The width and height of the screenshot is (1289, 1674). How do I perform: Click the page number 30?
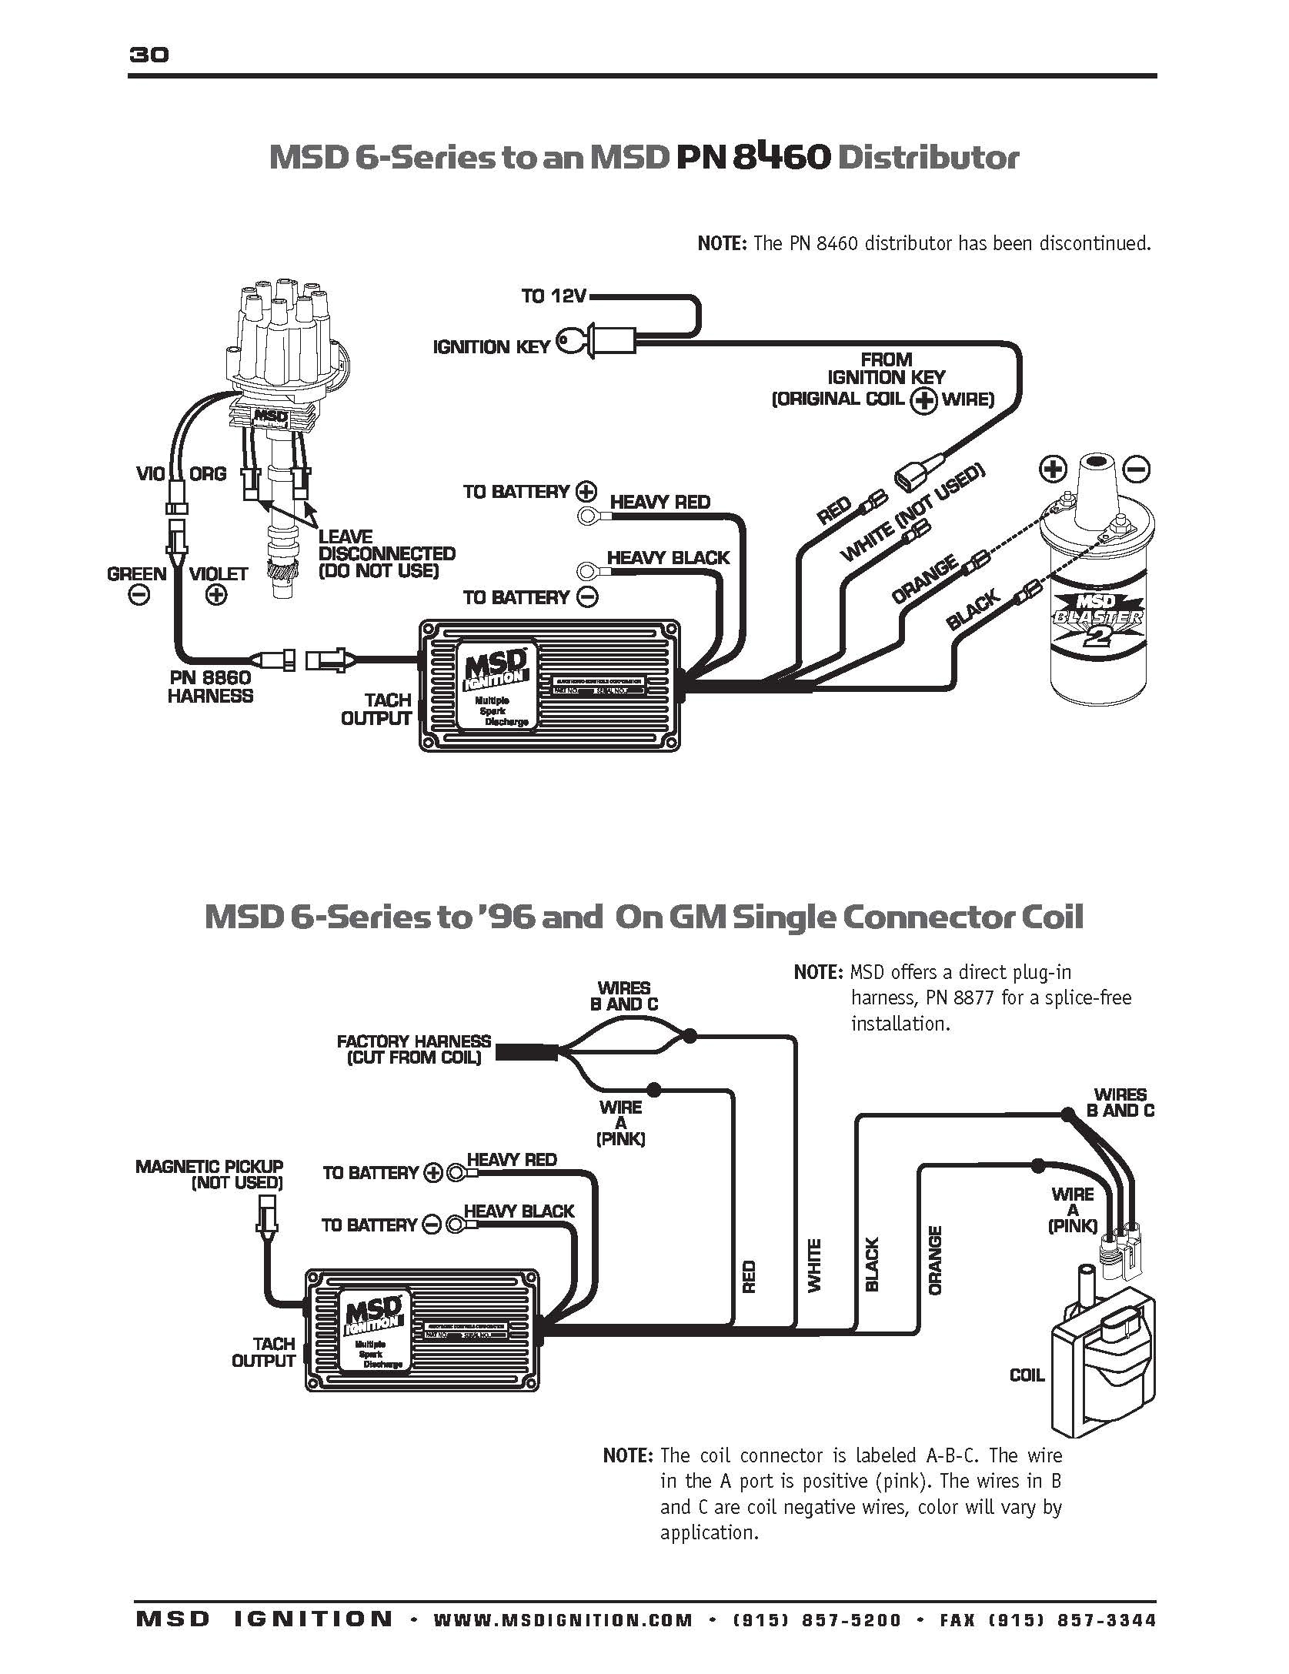[149, 55]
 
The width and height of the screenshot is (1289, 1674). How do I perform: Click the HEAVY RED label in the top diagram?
[660, 503]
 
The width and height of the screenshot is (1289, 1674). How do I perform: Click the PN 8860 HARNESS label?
[210, 687]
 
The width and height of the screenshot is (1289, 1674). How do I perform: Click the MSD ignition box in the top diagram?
[549, 685]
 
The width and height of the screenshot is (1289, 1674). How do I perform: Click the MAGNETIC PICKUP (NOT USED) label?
[209, 1174]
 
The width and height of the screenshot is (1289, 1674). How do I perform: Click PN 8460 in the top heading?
[753, 156]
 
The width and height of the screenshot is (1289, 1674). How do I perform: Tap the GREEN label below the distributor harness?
[137, 574]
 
